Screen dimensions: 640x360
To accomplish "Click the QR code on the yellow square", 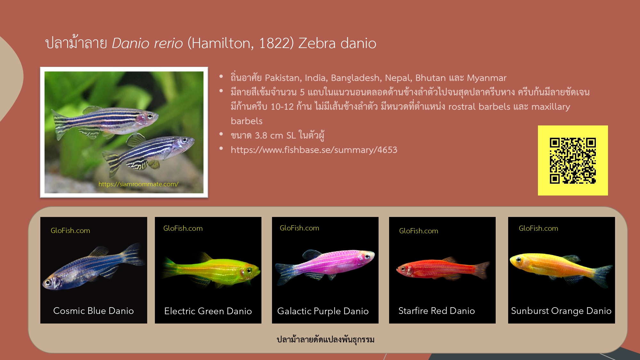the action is (573, 161).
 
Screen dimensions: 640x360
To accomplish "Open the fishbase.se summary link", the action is (314, 150).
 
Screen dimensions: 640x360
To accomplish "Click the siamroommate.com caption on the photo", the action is (138, 184).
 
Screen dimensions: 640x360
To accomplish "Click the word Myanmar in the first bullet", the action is (487, 78).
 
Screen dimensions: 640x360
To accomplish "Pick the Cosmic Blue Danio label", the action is (93, 311).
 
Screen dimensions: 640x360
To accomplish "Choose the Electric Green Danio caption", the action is (208, 311).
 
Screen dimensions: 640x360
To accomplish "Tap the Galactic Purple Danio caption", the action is (323, 311).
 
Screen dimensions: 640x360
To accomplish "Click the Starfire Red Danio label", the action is (436, 311).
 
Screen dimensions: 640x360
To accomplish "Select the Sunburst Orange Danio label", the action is (561, 311).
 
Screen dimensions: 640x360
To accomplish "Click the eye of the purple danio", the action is (368, 256).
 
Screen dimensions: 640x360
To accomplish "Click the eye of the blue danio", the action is (48, 283).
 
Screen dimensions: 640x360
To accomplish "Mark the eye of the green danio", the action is (249, 271).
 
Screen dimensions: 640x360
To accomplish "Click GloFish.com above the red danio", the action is (419, 231).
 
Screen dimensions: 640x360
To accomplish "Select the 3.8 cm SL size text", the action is (275, 135).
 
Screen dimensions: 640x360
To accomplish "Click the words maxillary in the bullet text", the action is (551, 107).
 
